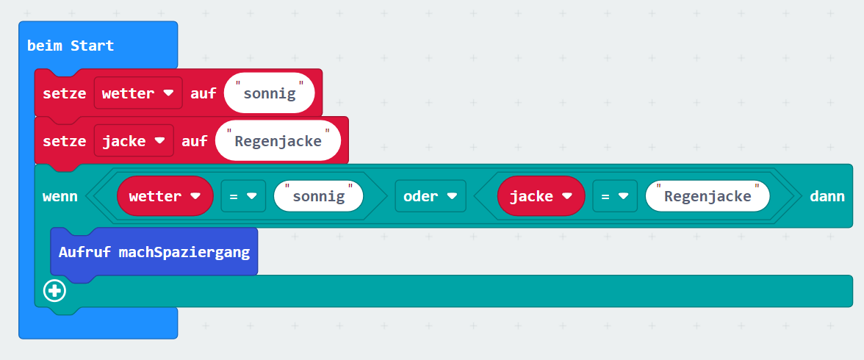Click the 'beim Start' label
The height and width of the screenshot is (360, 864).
pos(71,46)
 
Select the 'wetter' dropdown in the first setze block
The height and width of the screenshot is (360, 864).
pos(138,93)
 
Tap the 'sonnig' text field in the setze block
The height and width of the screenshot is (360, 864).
pos(270,93)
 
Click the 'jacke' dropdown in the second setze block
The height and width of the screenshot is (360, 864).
pos(134,140)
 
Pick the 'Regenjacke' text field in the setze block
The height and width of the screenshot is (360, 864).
pos(278,140)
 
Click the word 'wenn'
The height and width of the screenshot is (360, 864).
pos(60,196)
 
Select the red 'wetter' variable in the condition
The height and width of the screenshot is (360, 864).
pos(165,195)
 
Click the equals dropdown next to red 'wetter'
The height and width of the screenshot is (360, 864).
pos(243,195)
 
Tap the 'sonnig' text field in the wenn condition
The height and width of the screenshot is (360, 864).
pos(319,195)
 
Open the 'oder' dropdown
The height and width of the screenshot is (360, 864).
pos(431,195)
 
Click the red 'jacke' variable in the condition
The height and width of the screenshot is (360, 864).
pos(541,195)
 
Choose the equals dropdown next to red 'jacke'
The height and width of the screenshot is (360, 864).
pos(615,195)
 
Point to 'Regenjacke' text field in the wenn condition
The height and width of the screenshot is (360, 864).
pos(708,195)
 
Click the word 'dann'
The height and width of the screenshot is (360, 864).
pos(827,196)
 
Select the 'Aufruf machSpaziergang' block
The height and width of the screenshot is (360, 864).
pos(154,252)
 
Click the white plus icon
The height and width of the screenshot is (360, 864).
pos(54,291)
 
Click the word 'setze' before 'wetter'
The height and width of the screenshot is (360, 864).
pos(65,93)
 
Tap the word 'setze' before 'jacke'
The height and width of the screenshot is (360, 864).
pos(65,141)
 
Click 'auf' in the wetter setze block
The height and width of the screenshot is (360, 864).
pos(204,93)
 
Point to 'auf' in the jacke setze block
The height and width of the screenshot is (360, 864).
pos(195,141)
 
